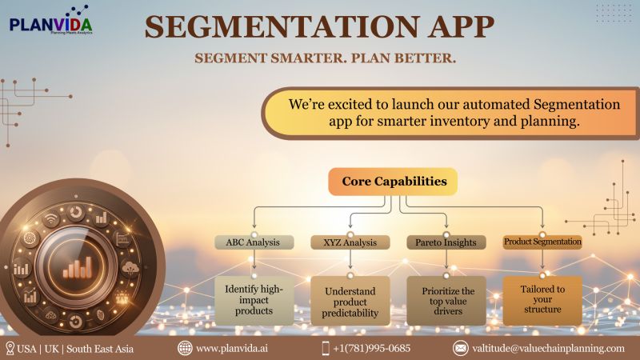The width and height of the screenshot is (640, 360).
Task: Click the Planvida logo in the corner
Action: [x=50, y=19]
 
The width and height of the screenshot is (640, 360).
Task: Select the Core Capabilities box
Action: [x=394, y=182]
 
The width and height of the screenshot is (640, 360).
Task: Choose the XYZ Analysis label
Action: [x=349, y=242]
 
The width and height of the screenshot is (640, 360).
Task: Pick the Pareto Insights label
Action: [x=446, y=242]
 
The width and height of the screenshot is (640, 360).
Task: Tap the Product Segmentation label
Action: [x=542, y=241]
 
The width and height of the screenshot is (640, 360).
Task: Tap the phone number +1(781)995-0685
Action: [x=371, y=348]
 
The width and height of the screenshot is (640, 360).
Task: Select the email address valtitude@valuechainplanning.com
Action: [x=547, y=348]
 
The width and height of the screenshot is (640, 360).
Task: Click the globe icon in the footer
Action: [x=185, y=348]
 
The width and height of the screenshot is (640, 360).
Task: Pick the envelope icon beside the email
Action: [x=461, y=348]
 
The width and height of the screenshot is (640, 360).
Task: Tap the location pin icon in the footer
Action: [x=10, y=348]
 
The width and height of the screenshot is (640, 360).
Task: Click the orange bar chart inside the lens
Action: [x=77, y=266]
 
